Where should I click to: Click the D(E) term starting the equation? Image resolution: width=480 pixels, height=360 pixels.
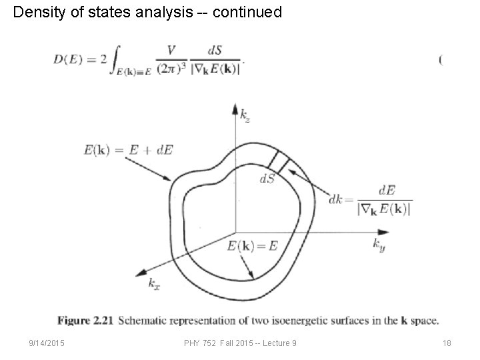pos(69,60)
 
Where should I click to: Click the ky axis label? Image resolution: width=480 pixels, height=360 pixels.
pos(379,244)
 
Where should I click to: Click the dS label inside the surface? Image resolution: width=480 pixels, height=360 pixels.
pos(268,179)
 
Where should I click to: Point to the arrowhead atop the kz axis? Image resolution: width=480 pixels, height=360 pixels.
pos(235,107)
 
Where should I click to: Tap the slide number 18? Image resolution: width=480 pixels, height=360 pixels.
pos(447,343)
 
